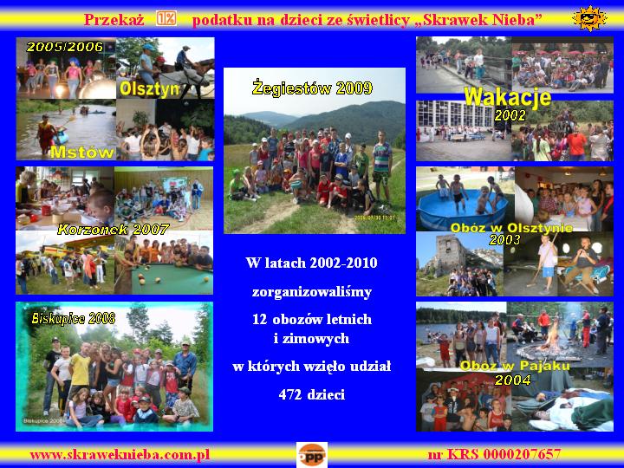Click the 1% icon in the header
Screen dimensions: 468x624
click(166, 18)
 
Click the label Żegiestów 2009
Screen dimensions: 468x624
click(312, 88)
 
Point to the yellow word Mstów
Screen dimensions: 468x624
click(81, 152)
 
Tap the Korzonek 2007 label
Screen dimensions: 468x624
click(113, 230)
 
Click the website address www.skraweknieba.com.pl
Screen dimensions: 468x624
click(120, 453)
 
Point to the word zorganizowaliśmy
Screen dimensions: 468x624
click(312, 291)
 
